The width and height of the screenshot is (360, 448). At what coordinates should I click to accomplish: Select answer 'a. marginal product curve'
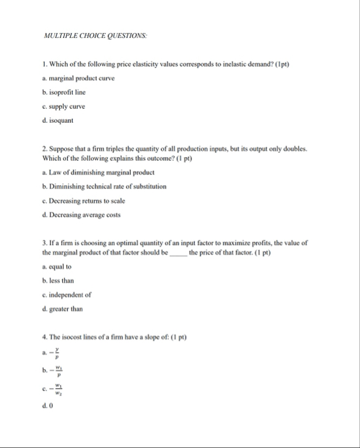(x=78, y=78)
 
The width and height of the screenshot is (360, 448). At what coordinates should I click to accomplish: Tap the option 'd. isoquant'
(x=59, y=121)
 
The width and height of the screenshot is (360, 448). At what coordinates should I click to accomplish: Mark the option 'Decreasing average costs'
(x=85, y=215)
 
